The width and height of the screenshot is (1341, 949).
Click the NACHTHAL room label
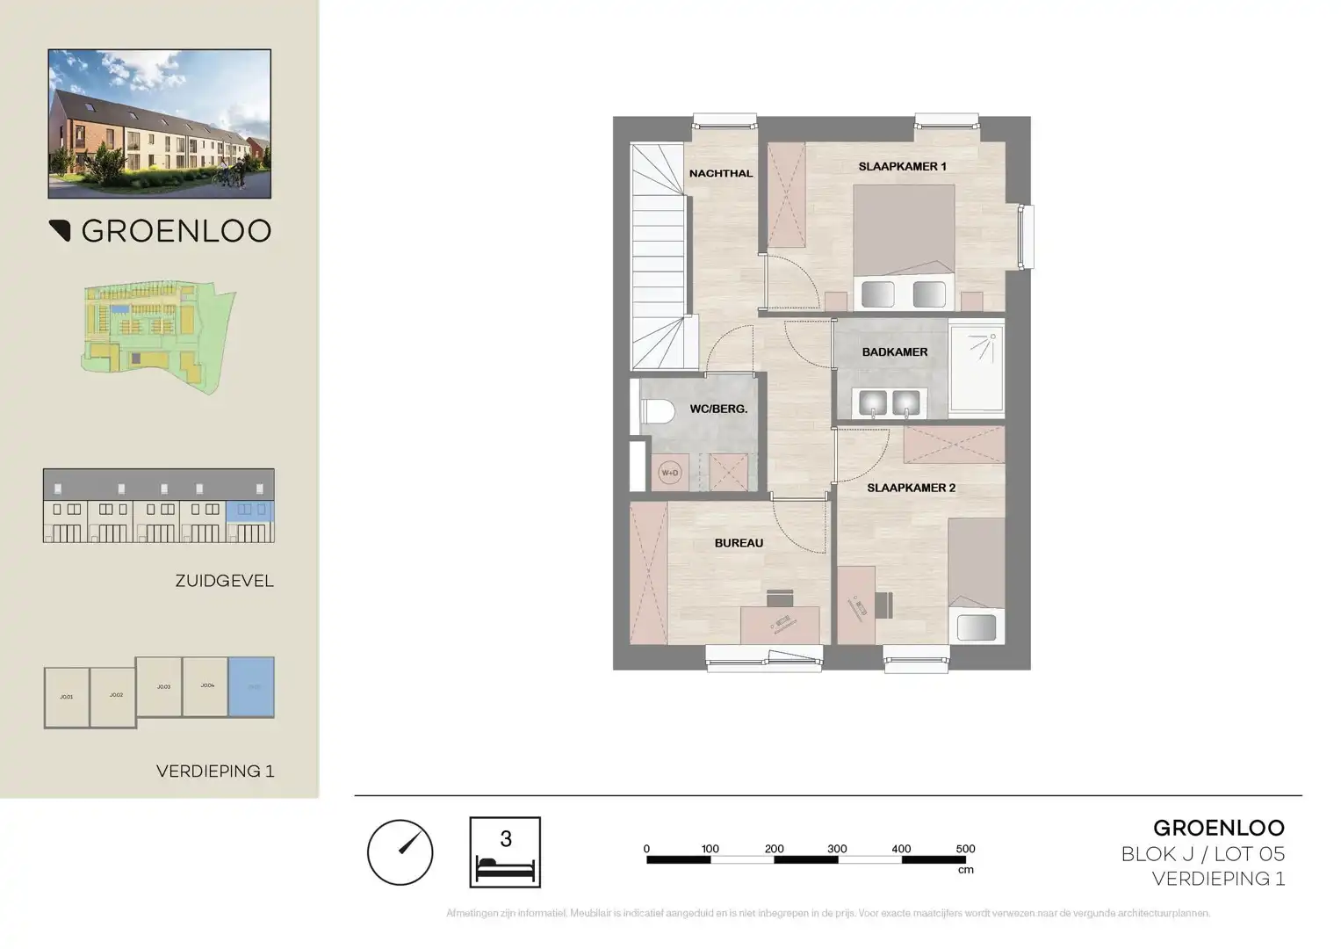pyautogui.click(x=720, y=174)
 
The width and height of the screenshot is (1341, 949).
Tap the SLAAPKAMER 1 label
pyautogui.click(x=902, y=166)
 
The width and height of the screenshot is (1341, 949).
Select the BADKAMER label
pyautogui.click(x=894, y=352)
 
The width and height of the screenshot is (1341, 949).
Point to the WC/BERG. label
pyautogui.click(x=718, y=409)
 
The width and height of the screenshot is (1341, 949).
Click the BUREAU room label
pyautogui.click(x=739, y=543)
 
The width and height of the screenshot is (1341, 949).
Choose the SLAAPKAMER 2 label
pyautogui.click(x=911, y=488)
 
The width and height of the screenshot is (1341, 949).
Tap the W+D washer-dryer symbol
pyautogui.click(x=669, y=473)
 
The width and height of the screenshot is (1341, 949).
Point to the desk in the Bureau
pyautogui.click(x=780, y=623)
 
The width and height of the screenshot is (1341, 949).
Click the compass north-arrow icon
pyautogui.click(x=400, y=852)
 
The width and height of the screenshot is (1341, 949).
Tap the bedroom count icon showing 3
pyautogui.click(x=505, y=852)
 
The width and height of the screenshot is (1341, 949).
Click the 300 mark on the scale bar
pyautogui.click(x=837, y=850)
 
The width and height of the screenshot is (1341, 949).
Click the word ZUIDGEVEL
pyautogui.click(x=224, y=581)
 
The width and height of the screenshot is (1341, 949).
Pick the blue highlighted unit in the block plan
pyautogui.click(x=251, y=686)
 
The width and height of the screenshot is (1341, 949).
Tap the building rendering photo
pyautogui.click(x=160, y=124)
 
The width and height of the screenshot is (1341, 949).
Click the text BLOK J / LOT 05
pyautogui.click(x=1202, y=853)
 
